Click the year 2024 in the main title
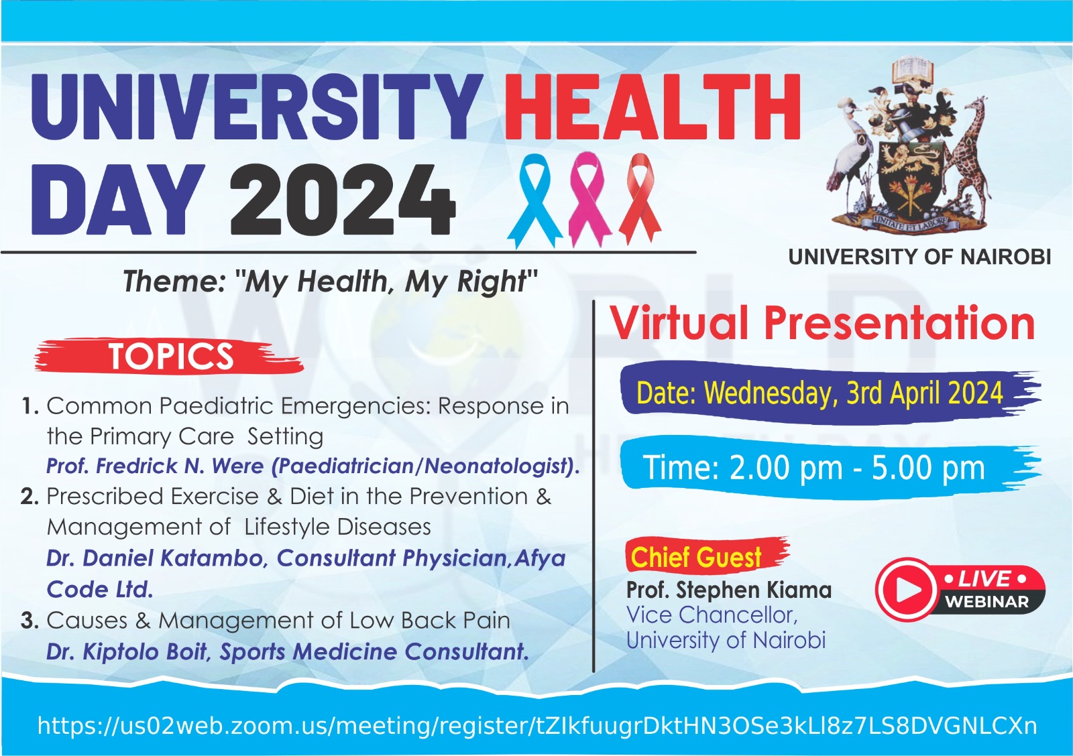coord(343,200)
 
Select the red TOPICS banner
coord(168,356)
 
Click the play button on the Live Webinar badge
coord(907,588)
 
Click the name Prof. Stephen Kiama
coord(728,590)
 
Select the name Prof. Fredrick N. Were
coord(155,466)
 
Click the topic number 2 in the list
coord(30,497)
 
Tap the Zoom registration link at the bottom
coord(537,726)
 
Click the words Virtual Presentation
coord(822,324)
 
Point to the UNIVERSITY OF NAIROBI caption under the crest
coord(919,257)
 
